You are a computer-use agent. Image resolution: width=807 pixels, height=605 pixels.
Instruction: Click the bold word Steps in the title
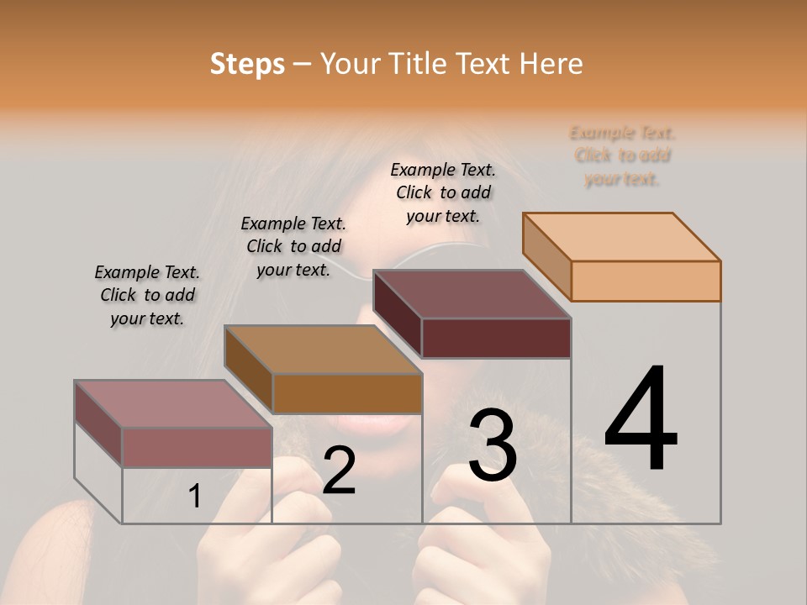click(247, 64)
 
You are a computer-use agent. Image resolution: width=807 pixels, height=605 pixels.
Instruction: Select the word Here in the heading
click(551, 64)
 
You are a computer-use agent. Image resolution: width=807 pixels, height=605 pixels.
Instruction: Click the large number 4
click(641, 420)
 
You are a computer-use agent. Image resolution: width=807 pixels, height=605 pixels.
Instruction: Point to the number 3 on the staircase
click(493, 445)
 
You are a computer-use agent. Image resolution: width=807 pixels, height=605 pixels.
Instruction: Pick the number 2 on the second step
click(339, 471)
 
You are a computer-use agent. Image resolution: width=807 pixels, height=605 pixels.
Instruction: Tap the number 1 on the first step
click(194, 497)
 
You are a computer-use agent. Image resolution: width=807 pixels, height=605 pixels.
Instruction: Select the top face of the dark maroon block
click(472, 294)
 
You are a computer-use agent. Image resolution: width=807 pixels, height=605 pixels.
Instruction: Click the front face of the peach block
click(646, 281)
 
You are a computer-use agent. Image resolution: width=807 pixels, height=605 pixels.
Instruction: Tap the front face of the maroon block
click(496, 338)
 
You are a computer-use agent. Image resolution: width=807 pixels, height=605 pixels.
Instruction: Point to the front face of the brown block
click(346, 393)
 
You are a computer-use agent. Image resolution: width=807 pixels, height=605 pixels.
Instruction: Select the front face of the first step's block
click(197, 447)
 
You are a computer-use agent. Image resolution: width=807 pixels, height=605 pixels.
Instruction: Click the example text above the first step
click(147, 295)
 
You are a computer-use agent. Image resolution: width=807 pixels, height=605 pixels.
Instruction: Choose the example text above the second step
click(293, 246)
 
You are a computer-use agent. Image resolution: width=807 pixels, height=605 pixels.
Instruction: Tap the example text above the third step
click(443, 192)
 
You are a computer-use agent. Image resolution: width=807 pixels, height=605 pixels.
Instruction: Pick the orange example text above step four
click(622, 155)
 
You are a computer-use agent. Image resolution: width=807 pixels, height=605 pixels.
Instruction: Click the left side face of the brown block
click(249, 368)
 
